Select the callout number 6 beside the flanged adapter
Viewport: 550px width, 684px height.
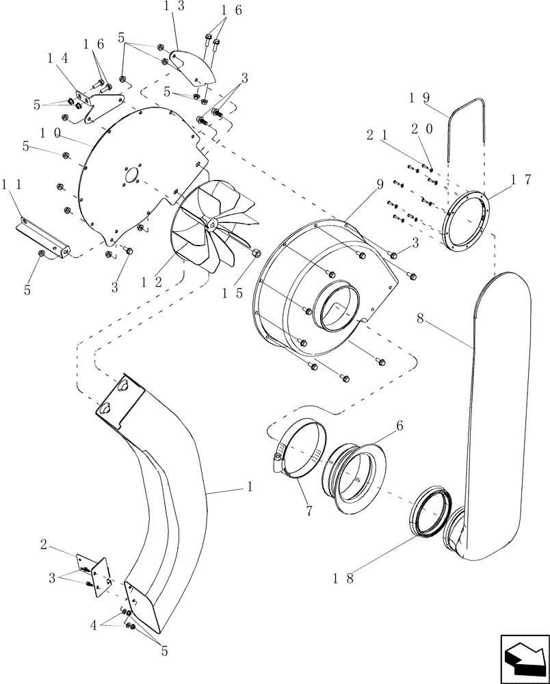coord(399,425)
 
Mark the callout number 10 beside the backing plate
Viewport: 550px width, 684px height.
coord(53,131)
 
